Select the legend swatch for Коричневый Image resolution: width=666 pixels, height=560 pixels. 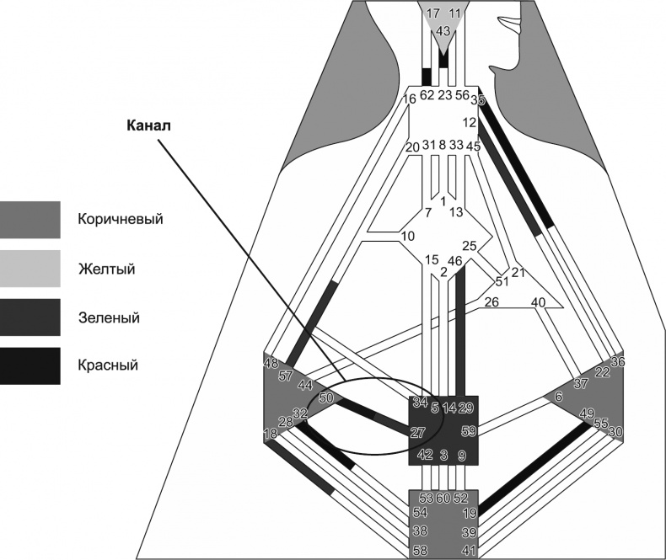pyautogui.click(x=30, y=220)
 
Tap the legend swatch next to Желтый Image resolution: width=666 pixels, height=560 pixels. pyautogui.click(x=30, y=269)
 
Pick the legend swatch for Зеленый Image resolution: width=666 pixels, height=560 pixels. pyautogui.click(x=30, y=317)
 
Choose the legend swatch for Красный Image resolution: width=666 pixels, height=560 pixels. pyautogui.click(x=30, y=366)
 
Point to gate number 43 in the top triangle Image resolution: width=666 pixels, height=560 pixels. pyautogui.click(x=443, y=30)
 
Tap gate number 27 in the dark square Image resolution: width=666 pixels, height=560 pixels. pyautogui.click(x=417, y=432)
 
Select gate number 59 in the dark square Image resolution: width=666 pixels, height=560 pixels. pyautogui.click(x=469, y=431)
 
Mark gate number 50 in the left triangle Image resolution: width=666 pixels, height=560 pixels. pyautogui.click(x=326, y=397)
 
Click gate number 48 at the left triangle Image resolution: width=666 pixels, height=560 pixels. pyautogui.click(x=271, y=364)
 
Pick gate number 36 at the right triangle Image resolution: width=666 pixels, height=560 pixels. pyautogui.click(x=617, y=362)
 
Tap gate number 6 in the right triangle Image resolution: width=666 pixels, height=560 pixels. pyautogui.click(x=558, y=396)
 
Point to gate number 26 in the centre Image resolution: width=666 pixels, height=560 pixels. pyautogui.click(x=491, y=302)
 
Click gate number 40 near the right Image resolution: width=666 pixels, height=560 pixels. pyautogui.click(x=539, y=302)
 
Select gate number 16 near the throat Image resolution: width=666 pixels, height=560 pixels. pyautogui.click(x=410, y=99)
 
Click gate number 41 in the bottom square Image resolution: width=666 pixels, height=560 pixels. pyautogui.click(x=470, y=550)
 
